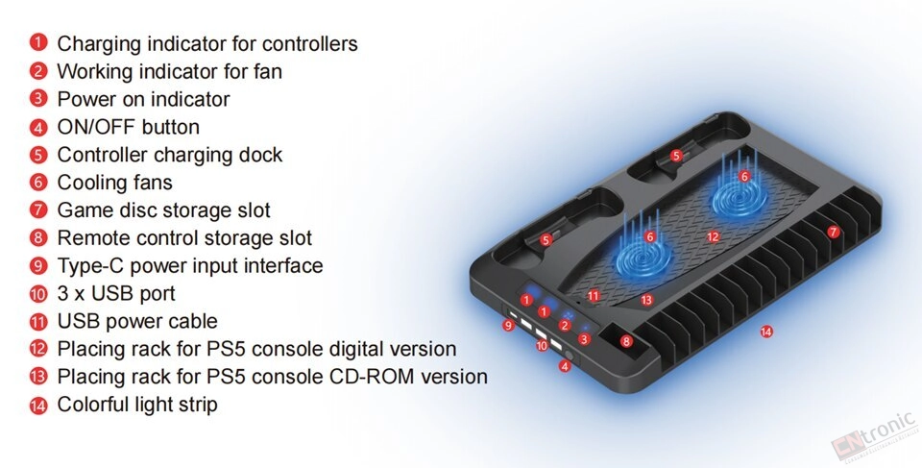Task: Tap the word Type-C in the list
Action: (x=90, y=266)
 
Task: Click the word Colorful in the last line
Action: (x=90, y=405)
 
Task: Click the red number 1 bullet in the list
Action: (x=38, y=42)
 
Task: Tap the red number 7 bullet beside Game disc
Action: (x=38, y=209)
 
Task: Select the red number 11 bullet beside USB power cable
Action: (x=38, y=321)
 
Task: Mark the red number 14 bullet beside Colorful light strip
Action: (x=38, y=405)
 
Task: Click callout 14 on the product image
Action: (x=766, y=332)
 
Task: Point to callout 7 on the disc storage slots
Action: (x=834, y=232)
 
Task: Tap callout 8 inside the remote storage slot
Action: (x=626, y=341)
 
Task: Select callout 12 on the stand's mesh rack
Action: (x=714, y=236)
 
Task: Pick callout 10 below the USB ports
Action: (x=542, y=346)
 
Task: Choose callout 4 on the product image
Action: (x=565, y=367)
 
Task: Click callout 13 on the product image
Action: (x=646, y=300)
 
